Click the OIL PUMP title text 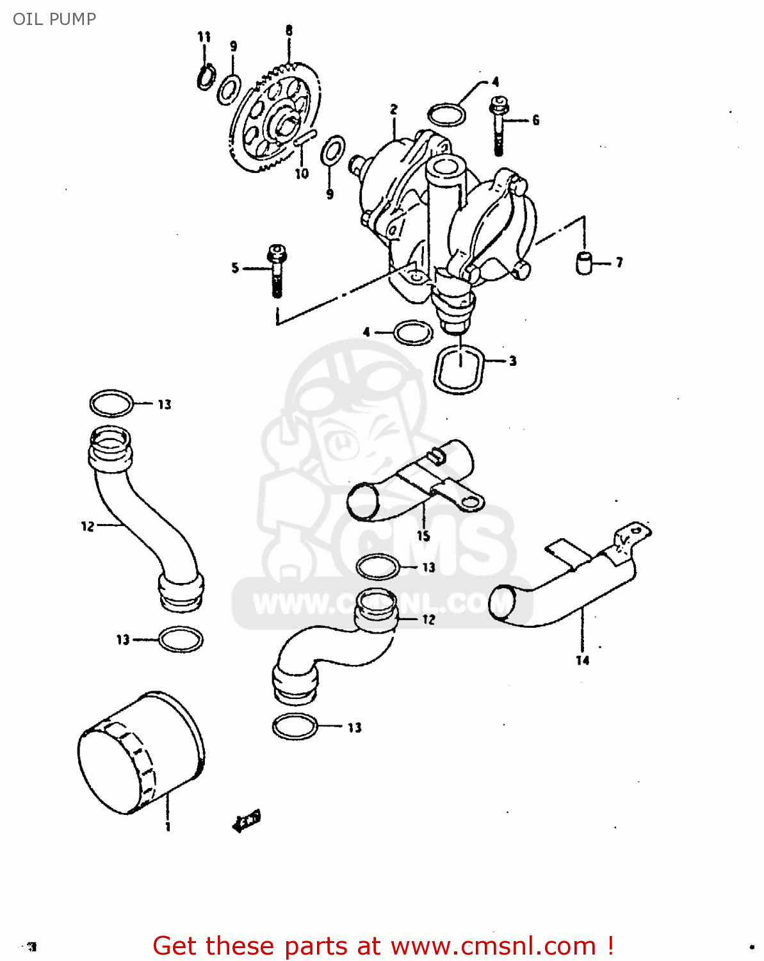pos(54,19)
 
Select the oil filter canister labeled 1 pos(140,753)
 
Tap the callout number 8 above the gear pos(289,30)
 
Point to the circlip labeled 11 pos(206,77)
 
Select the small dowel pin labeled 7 pos(583,263)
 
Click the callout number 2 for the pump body pos(394,110)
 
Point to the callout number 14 pos(582,661)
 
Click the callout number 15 pos(423,536)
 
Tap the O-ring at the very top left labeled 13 pos(111,404)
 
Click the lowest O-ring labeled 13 pos(295,726)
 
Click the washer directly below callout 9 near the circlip pos(229,89)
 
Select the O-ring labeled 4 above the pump pos(446,115)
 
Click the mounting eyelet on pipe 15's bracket pos(469,501)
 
